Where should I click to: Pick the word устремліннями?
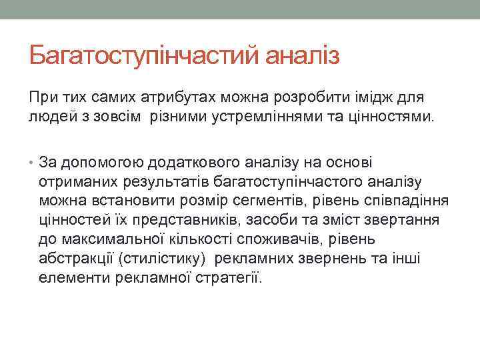[x=261, y=117]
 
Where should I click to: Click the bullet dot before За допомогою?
[x=32, y=163]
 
